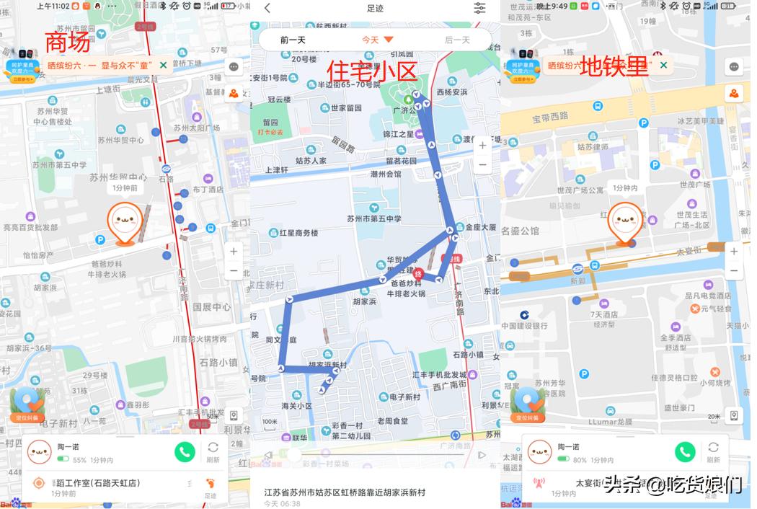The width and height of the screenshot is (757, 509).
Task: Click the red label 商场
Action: pos(68,43)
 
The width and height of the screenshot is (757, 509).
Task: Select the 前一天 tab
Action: pos(293,40)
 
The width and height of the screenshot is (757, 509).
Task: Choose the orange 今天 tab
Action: pos(377,40)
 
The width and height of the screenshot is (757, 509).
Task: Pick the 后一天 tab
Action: pos(457,40)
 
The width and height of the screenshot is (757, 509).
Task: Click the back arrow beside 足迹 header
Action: pos(267,8)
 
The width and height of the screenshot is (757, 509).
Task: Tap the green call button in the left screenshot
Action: pos(185,452)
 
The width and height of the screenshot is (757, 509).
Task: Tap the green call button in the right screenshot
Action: pos(685,451)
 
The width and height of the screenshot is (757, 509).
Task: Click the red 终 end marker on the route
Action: pos(419,273)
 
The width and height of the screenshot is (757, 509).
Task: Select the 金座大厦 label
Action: pos(480,227)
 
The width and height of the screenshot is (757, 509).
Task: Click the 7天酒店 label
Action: pos(604,314)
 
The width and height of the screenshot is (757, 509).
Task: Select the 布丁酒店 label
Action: pos(208,190)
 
